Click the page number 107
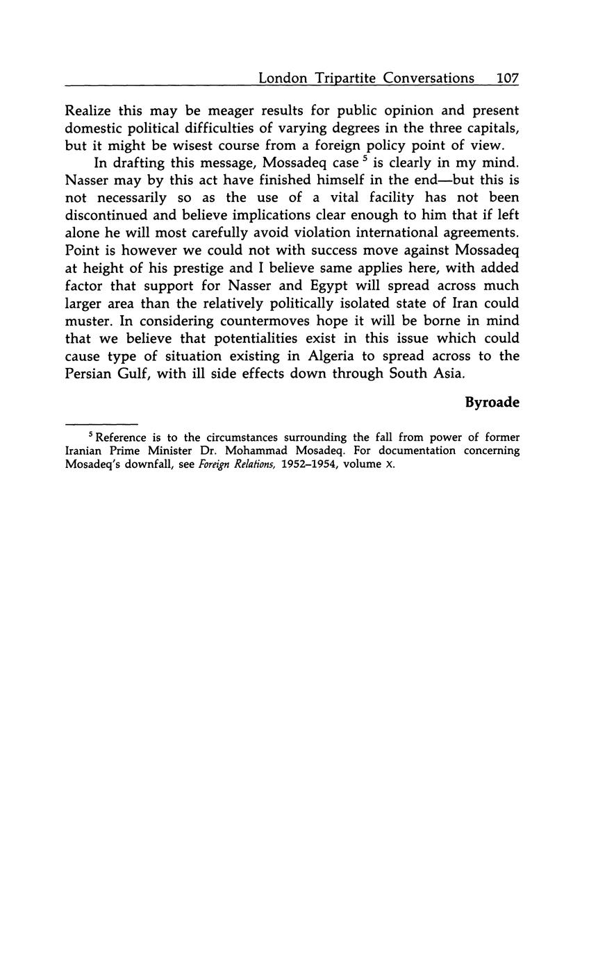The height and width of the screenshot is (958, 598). click(x=508, y=78)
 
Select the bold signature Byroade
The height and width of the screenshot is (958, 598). click(x=492, y=403)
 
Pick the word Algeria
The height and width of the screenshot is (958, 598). click(x=336, y=355)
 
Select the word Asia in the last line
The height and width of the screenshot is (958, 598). click(x=445, y=373)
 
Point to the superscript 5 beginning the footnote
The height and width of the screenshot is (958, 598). click(x=90, y=435)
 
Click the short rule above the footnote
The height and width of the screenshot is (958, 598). click(x=101, y=423)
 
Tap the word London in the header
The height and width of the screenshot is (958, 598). click(x=283, y=78)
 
